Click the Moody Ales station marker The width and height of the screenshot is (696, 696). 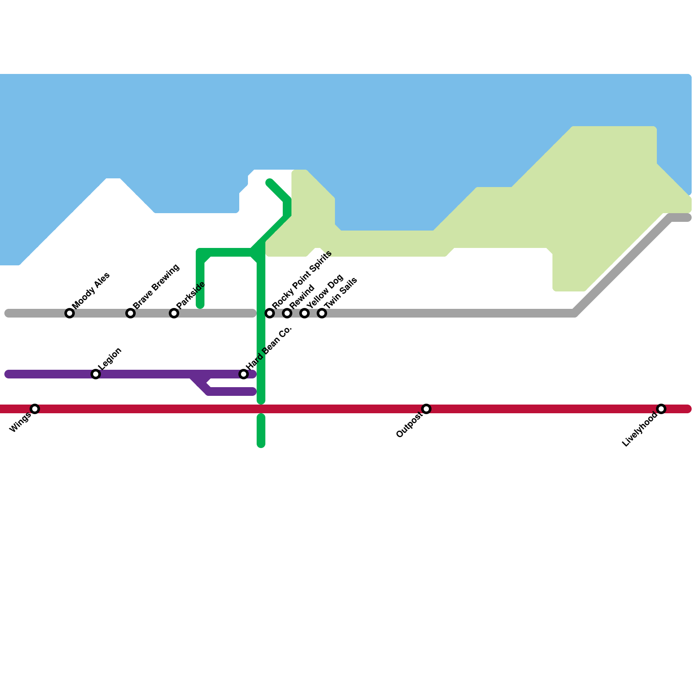(70, 313)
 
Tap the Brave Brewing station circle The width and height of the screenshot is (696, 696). (130, 313)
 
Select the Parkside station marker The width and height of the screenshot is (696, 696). (174, 313)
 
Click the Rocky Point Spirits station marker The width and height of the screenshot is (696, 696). (270, 313)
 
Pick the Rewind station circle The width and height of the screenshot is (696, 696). (287, 313)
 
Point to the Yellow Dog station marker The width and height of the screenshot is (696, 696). (304, 313)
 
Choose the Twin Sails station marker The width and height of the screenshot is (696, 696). (322, 313)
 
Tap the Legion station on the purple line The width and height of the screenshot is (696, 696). (96, 374)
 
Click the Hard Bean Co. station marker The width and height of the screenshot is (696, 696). (244, 374)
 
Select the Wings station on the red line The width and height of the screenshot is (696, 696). (35, 409)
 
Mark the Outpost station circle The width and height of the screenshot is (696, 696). (426, 409)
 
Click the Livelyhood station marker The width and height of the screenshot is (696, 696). (661, 409)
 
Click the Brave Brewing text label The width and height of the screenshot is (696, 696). (156, 286)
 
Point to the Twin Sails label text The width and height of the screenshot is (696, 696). (341, 293)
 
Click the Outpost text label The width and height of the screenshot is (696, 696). (409, 425)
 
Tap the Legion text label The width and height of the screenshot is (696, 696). (110, 359)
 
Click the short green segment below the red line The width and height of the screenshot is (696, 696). (261, 431)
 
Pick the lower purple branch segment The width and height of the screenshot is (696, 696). (231, 391)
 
